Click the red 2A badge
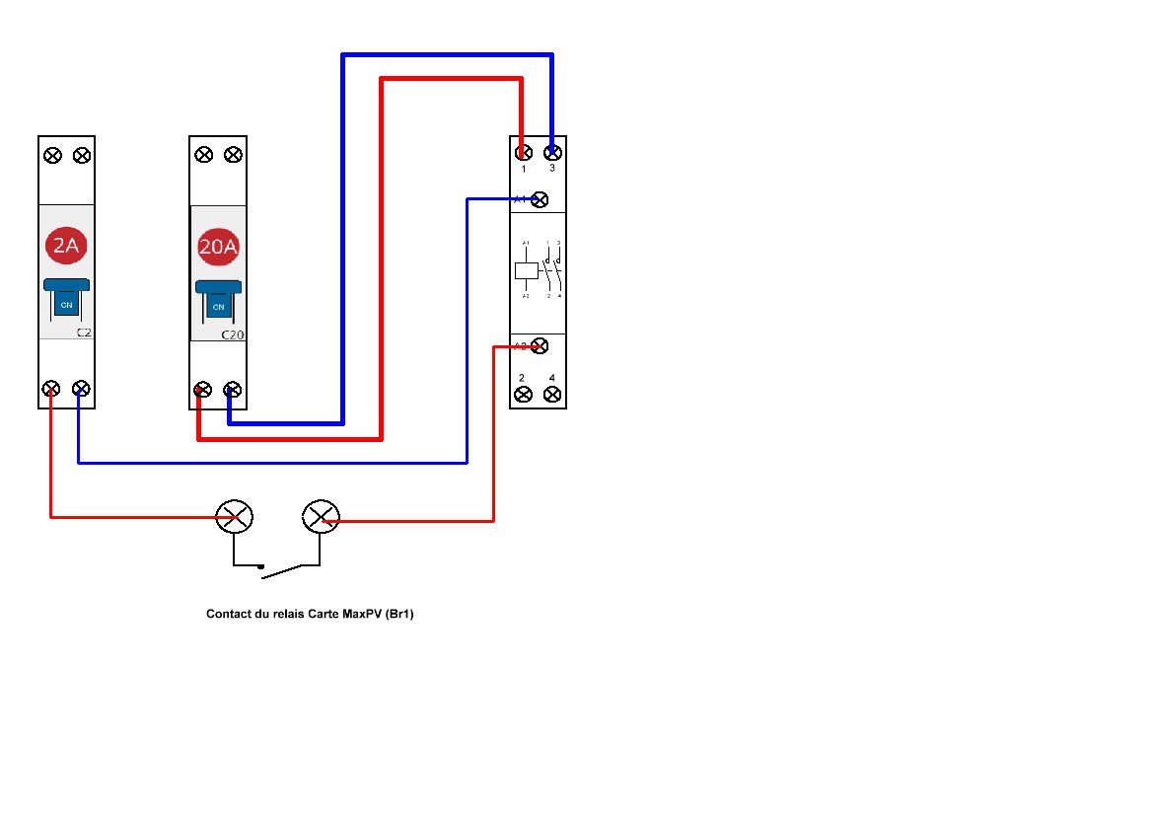coord(66,247)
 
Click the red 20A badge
coord(218,247)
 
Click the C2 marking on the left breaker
coord(84,334)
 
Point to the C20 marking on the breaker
coord(232,334)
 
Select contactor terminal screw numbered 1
coord(524,153)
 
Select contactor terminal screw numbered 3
coord(553,153)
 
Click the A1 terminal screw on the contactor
coord(540,199)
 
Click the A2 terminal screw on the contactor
coord(540,345)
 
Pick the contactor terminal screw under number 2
coord(523,394)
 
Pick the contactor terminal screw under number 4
coord(552,394)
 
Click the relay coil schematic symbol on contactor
coord(527,269)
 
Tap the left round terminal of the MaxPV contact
coord(235,516)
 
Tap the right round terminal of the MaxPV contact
coord(320,516)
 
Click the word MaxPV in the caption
coord(362,614)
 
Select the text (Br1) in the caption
coord(399,614)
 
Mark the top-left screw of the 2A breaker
coord(52,155)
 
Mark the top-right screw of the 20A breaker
coord(233,155)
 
